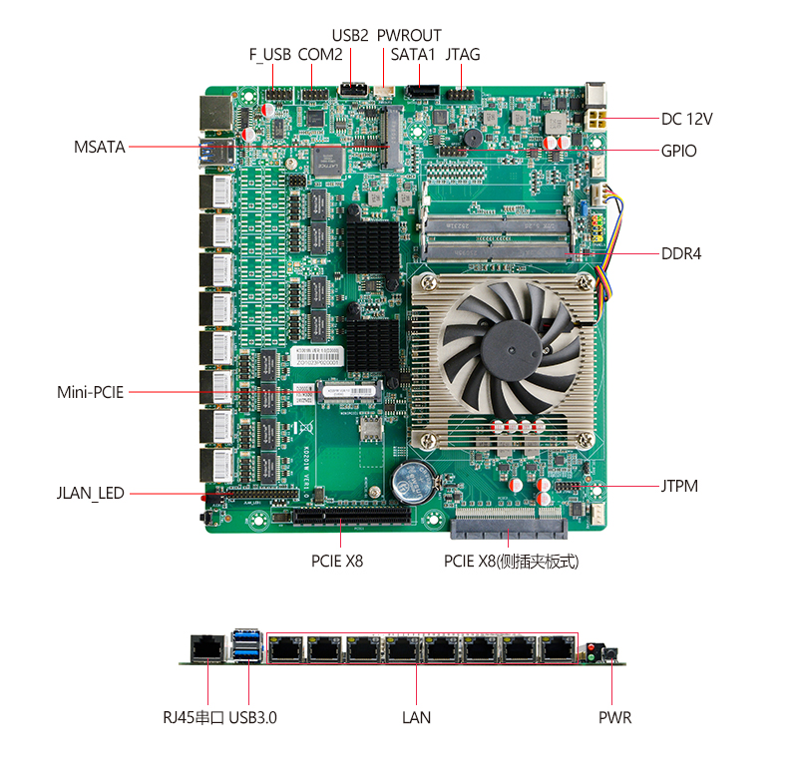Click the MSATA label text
point(100,147)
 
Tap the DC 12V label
point(686,119)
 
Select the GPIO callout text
point(678,151)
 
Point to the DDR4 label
point(681,253)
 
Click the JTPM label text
point(679,486)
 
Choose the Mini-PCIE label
point(91,392)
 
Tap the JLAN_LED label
point(91,493)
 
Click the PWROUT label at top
point(409,36)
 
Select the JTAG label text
point(463,54)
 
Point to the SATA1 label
point(413,54)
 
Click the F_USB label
point(270,54)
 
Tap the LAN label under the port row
point(417,717)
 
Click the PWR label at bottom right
point(614,717)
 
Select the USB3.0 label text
point(252,717)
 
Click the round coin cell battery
point(414,483)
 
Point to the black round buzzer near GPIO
point(473,139)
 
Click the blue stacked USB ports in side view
point(247,645)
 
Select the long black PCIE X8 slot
point(352,516)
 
